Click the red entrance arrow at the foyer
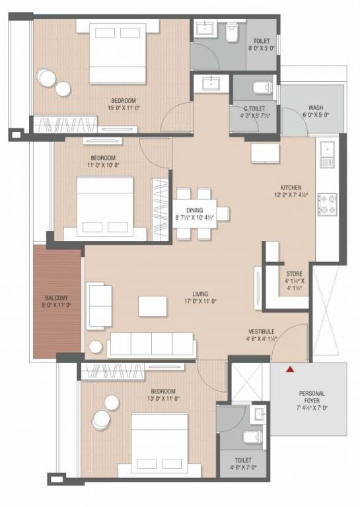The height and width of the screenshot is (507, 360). pos(289,370)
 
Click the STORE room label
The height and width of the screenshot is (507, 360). pos(294,279)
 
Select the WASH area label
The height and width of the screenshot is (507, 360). pos(315,112)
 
